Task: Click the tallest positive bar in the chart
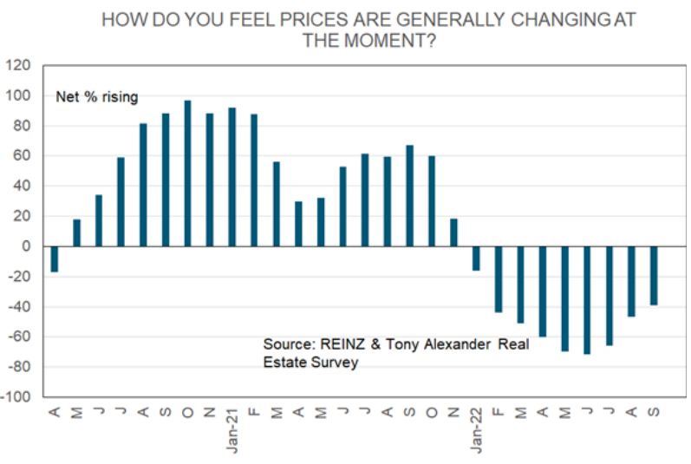click(187, 173)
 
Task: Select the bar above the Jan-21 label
click(232, 177)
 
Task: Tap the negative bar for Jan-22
click(475, 258)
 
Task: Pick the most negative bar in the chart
click(587, 300)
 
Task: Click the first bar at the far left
click(54, 258)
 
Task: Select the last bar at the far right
click(655, 275)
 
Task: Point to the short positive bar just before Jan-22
click(453, 232)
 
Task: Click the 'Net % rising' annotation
click(96, 97)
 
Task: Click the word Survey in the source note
click(336, 363)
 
